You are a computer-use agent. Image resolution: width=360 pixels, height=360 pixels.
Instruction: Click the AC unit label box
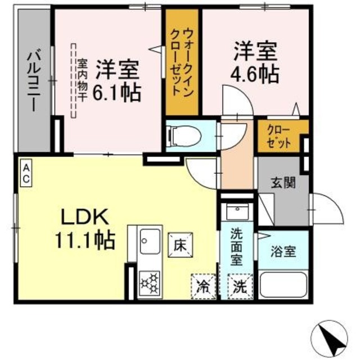26,173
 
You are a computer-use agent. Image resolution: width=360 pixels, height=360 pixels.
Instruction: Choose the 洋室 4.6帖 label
256,61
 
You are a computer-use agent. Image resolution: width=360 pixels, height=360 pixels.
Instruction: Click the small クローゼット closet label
279,137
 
